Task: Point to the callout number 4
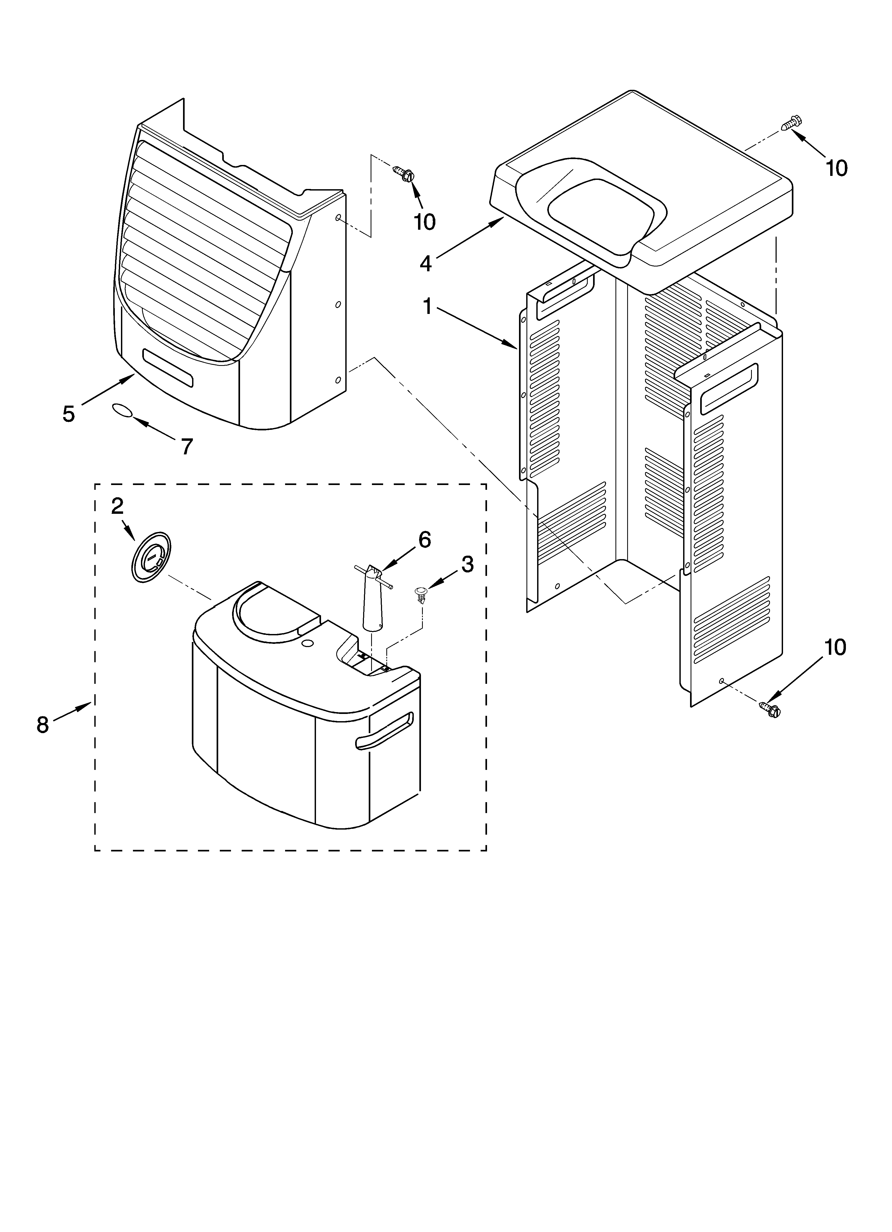pos(426,264)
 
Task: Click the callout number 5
pos(68,414)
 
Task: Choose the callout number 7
pos(186,447)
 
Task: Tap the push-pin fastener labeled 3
pos(421,594)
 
